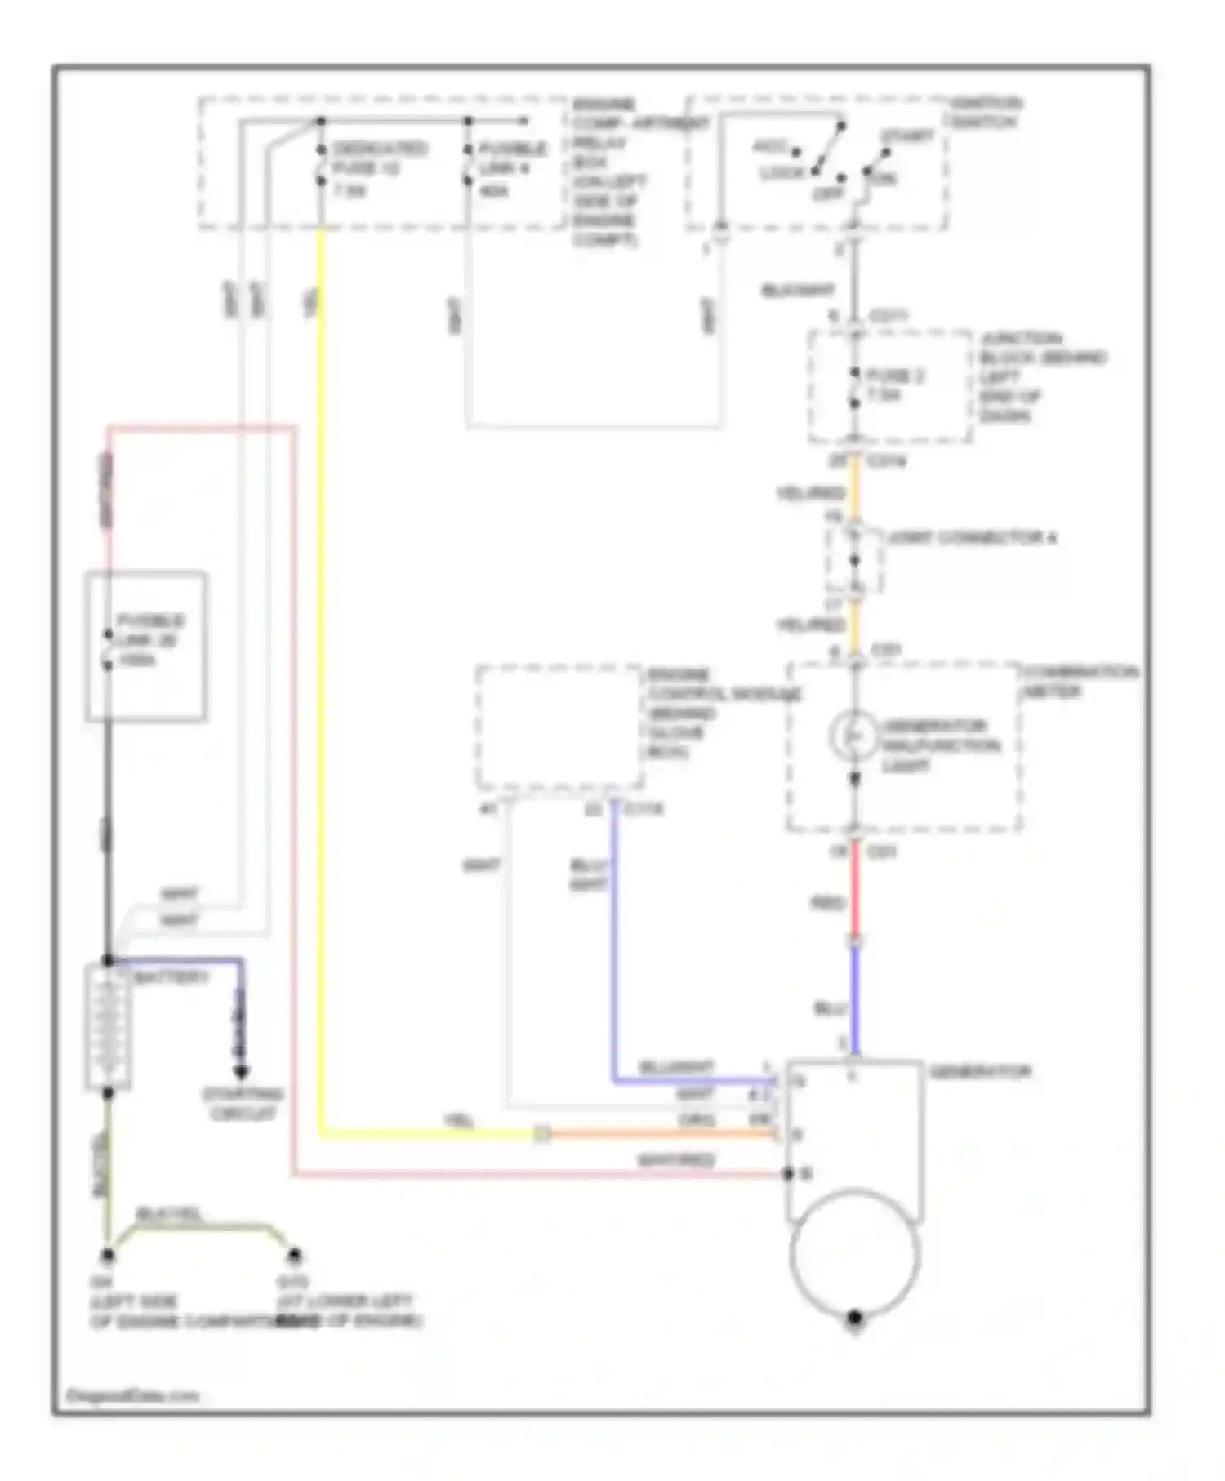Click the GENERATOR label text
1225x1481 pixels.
pos(980,1071)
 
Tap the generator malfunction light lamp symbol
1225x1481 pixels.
pos(853,736)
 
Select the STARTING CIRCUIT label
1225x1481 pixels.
pos(243,1104)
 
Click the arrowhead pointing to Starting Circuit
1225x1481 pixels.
pos(240,1072)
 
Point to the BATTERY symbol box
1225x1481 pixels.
pos(107,1027)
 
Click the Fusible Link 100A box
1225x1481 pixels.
pos(145,646)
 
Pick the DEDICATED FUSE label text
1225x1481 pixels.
pos(379,149)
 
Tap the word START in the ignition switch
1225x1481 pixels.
pos(906,136)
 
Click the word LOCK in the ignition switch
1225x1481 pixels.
pos(782,174)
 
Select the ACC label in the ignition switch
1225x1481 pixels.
pos(768,148)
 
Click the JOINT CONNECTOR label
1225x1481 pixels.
pos(971,538)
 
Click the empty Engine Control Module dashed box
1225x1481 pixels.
pos(559,727)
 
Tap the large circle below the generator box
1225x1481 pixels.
pos(854,1254)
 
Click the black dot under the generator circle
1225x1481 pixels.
pos(854,1317)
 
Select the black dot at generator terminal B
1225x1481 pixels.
pos(787,1174)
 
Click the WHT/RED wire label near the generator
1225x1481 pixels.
pos(675,1160)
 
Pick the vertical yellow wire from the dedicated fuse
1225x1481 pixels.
pos(321,653)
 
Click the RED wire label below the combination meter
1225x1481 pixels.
pos(826,903)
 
